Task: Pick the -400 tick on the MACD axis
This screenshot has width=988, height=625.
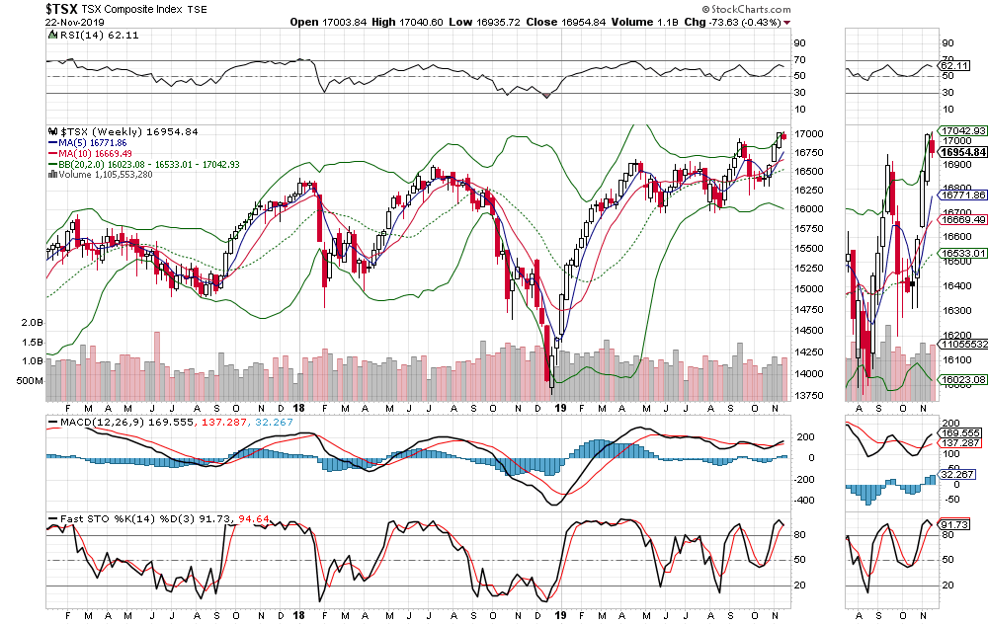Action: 806,500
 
